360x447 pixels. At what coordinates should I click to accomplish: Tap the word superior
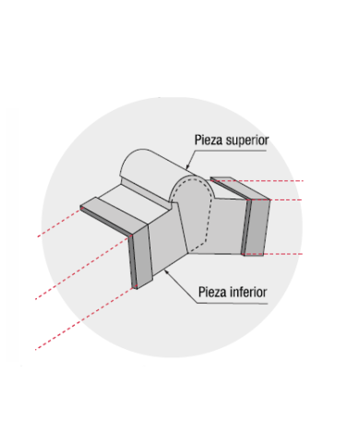(x=247, y=140)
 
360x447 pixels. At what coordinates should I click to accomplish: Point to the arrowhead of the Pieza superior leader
(x=187, y=166)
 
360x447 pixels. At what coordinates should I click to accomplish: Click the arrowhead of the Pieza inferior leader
(x=166, y=272)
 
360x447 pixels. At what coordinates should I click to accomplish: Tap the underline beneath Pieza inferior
(x=233, y=304)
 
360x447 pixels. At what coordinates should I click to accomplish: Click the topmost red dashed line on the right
(x=257, y=181)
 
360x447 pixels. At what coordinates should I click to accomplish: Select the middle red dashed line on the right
(x=274, y=200)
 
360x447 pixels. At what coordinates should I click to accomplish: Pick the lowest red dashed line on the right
(x=272, y=254)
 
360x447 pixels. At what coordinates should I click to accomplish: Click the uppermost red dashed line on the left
(x=59, y=223)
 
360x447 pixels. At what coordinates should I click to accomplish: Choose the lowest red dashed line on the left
(x=86, y=319)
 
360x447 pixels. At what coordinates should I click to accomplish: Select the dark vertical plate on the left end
(x=140, y=256)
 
